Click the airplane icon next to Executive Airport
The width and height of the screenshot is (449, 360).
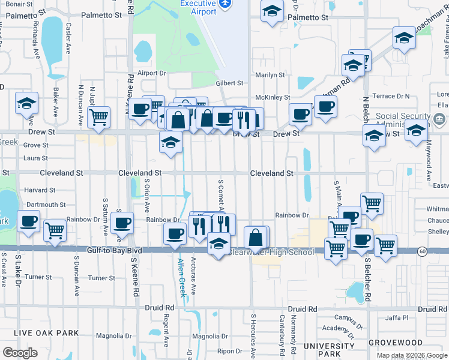[225, 4]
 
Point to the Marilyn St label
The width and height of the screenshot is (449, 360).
[270, 75]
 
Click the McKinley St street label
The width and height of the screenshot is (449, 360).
[273, 97]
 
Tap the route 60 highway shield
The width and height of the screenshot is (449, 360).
[423, 251]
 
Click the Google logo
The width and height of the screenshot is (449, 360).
[20, 353]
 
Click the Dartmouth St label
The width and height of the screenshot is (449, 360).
[46, 205]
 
